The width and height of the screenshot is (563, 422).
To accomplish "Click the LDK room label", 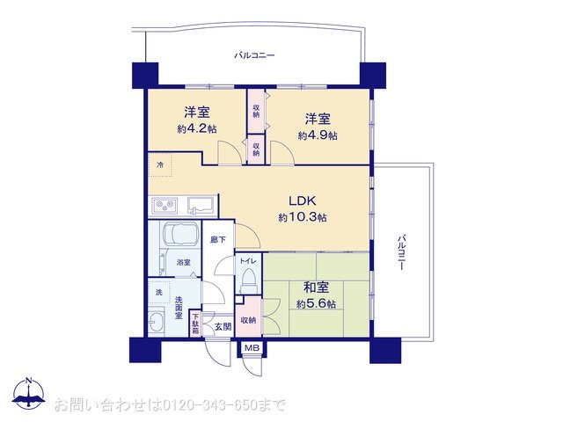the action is tap(303, 200).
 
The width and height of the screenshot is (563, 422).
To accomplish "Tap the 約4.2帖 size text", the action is tap(197, 129).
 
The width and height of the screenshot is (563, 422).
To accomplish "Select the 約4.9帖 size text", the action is tap(318, 135).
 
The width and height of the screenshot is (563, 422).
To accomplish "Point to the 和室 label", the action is tap(316, 287).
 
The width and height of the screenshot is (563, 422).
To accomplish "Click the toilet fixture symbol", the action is tap(247, 280).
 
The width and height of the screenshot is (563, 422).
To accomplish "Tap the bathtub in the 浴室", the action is tap(180, 233).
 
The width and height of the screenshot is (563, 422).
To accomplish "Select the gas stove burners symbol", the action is tap(165, 206).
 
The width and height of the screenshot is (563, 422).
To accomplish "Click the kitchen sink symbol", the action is tap(201, 206).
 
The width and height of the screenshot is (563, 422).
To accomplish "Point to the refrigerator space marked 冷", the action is tap(160, 164).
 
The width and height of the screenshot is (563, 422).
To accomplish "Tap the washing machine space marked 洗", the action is tap(158, 292).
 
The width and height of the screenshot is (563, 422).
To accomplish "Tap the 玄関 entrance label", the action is tap(223, 326).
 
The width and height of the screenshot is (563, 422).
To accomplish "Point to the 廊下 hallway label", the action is tap(218, 239).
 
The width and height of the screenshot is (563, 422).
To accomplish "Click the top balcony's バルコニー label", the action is tap(254, 55).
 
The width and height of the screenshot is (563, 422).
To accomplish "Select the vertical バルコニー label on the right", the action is tap(402, 252).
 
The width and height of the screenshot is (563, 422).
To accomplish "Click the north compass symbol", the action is tap(29, 393).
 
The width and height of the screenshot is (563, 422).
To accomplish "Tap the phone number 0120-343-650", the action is tap(209, 405).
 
